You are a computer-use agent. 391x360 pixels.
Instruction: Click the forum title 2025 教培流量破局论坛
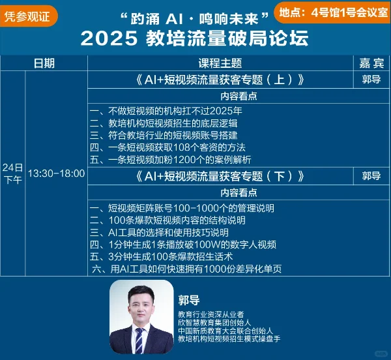point(195,38)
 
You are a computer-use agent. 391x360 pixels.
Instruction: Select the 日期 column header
point(44,63)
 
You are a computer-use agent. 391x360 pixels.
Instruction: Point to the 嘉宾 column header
point(371,63)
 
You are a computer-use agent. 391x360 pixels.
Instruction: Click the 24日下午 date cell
point(12,173)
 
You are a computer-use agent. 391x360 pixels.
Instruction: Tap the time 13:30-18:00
point(56,173)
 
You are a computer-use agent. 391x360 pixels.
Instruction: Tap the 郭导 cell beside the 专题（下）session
point(371,176)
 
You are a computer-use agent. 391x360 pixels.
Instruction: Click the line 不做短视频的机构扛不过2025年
point(166,111)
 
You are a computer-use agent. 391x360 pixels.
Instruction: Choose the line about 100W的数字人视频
point(182,245)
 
